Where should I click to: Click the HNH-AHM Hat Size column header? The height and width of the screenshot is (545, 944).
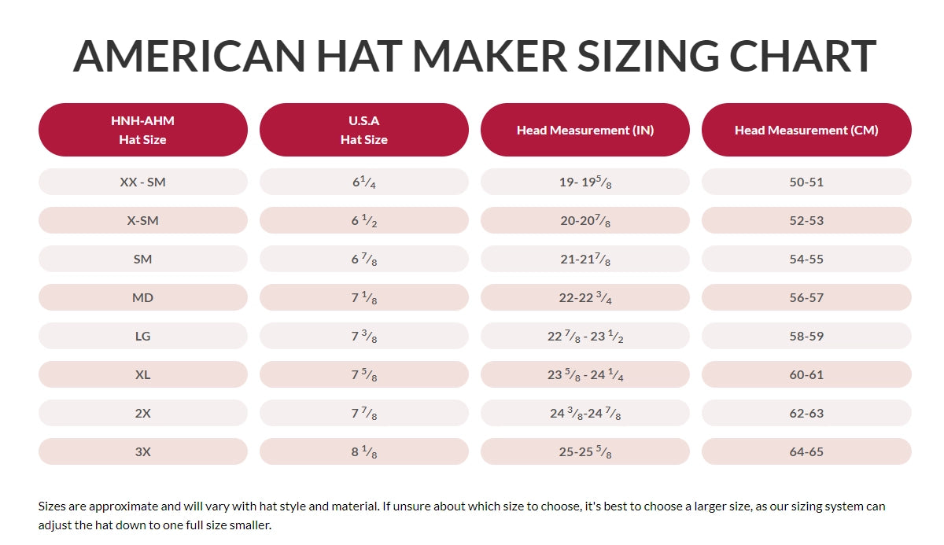point(142,130)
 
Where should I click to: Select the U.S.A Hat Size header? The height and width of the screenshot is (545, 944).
point(363,130)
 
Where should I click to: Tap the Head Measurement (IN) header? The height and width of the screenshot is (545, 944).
point(584,130)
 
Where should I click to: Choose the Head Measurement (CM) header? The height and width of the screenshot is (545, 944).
point(806,130)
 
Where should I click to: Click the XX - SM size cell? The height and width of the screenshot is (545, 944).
point(142,182)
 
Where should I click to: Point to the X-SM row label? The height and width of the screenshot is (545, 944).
point(142,220)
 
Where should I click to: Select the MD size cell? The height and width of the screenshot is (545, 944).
point(142,297)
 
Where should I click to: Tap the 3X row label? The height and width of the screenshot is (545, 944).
point(142,451)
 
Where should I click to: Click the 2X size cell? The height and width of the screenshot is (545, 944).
point(142,413)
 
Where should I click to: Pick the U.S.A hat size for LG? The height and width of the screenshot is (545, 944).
point(363,336)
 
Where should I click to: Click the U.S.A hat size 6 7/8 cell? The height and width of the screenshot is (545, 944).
point(363,259)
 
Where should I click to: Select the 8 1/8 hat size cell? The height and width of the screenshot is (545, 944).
point(363,451)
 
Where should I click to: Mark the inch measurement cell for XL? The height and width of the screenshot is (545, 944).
point(584,374)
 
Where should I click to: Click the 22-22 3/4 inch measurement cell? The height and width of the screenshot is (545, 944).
point(584,297)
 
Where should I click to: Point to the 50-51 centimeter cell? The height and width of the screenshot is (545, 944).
point(806,182)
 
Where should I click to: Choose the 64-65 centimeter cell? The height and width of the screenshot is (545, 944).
point(806,451)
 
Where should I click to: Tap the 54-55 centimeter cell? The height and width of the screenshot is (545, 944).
point(806,259)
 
